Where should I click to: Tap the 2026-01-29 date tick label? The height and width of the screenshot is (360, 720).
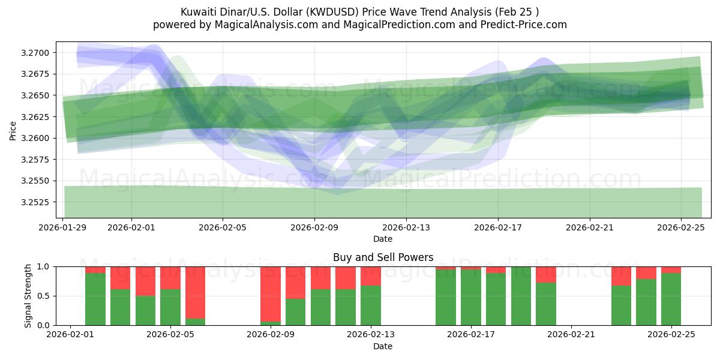pyautogui.click(x=63, y=227)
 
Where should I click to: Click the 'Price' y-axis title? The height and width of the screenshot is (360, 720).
pyautogui.click(x=13, y=130)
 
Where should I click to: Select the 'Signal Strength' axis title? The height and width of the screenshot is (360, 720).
pyautogui.click(x=28, y=296)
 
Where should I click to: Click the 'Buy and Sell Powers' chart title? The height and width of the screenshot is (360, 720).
pyautogui.click(x=383, y=257)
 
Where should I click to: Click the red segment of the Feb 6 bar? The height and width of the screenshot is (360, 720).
pyautogui.click(x=196, y=292)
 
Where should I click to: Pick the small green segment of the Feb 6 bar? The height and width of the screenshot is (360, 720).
pyautogui.click(x=196, y=322)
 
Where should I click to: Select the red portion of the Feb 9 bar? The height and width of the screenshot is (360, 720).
pyautogui.click(x=271, y=293)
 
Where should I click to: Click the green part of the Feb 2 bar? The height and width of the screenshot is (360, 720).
pyautogui.click(x=95, y=299)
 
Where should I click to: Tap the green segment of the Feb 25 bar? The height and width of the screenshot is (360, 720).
pyautogui.click(x=671, y=299)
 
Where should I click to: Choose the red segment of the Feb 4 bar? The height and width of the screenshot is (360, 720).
pyautogui.click(x=145, y=281)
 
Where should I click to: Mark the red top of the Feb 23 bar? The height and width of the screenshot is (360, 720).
pyautogui.click(x=621, y=276)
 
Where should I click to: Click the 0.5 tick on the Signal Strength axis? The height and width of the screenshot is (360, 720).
pyautogui.click(x=48, y=296)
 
